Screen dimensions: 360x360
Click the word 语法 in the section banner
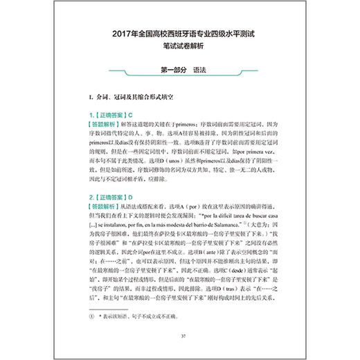point(199,69)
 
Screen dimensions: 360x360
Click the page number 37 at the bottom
point(179,337)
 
